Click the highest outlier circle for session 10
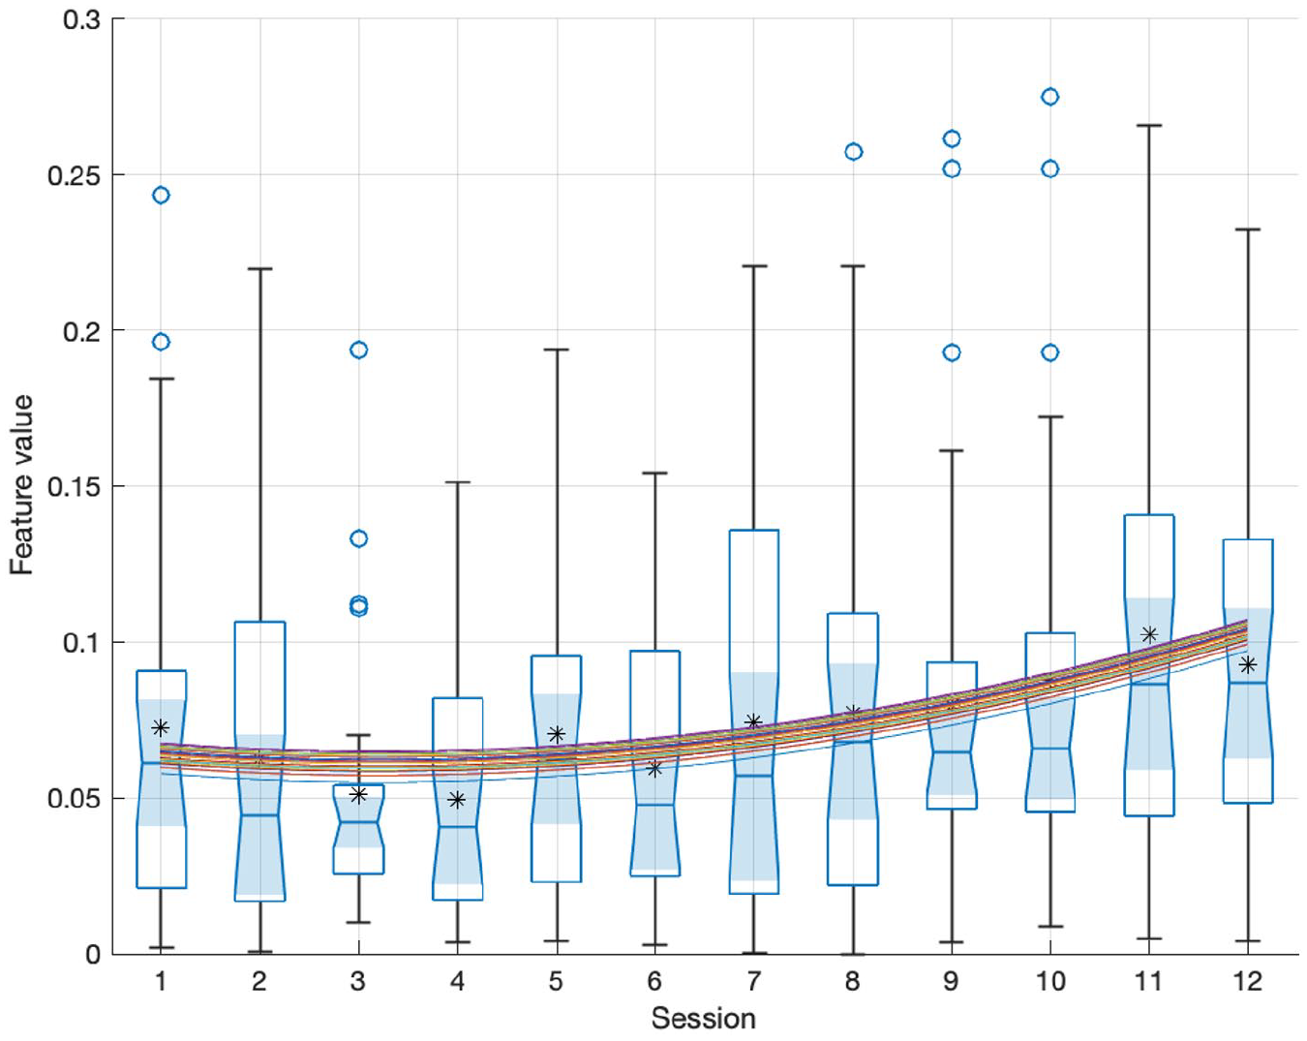1049,97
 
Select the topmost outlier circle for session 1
161,195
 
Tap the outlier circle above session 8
853,151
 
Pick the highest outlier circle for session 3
359,350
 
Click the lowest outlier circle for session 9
952,352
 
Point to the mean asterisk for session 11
1148,634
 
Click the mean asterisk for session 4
457,800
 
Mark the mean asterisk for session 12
1248,665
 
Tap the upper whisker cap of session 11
1148,125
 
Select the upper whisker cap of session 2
259,268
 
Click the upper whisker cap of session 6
654,473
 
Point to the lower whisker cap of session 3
359,923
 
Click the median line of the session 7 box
754,776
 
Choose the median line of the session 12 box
1248,683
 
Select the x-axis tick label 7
753,981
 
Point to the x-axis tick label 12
1248,981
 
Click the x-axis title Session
703,1019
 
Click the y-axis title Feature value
22,485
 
